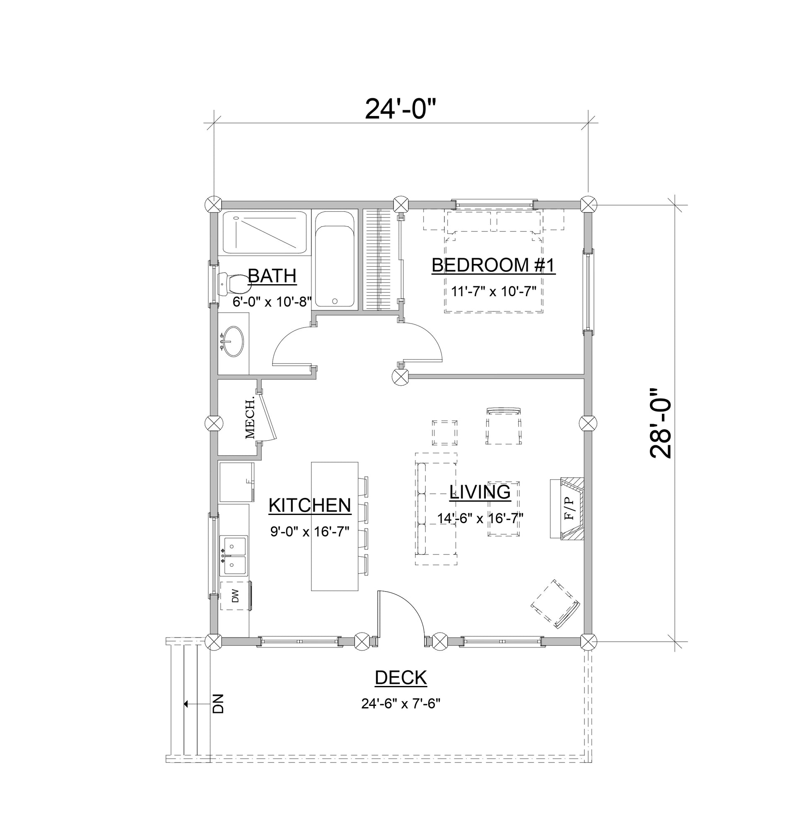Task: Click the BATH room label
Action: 272,276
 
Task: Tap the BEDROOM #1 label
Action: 493,266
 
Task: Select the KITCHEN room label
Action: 310,505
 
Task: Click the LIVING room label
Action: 480,492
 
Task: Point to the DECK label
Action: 401,678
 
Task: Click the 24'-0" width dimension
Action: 399,109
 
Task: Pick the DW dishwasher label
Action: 235,596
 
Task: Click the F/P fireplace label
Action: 569,508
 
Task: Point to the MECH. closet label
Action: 250,417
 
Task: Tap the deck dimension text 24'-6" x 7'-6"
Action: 401,704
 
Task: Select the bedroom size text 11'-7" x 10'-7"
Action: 493,291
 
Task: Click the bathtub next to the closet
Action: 335,260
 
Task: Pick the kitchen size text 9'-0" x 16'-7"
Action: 310,532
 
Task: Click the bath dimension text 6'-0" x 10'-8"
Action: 272,302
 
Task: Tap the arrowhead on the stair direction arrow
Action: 186,704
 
